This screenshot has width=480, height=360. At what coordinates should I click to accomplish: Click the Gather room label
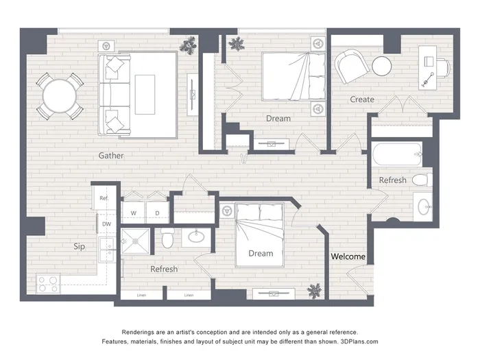tap(111, 156)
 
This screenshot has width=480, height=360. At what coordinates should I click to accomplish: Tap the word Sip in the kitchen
tap(80, 246)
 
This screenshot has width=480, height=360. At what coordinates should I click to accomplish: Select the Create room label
tap(362, 99)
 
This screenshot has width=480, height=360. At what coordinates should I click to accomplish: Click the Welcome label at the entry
tap(348, 256)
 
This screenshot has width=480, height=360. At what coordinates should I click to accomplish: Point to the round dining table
tap(60, 97)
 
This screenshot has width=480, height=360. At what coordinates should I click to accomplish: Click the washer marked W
tap(134, 213)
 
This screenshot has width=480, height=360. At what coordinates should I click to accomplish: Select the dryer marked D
tap(157, 213)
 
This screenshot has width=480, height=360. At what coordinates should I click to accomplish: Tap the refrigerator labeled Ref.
tap(104, 198)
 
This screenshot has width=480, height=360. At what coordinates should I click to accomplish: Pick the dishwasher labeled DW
tap(106, 224)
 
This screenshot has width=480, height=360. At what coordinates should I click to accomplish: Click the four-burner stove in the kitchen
tap(48, 284)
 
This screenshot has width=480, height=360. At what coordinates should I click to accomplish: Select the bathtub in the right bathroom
tap(397, 154)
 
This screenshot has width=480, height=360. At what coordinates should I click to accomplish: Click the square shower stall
tap(136, 241)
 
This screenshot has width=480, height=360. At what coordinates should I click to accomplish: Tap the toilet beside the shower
tap(167, 238)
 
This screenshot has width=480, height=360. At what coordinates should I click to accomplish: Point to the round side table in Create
tap(382, 66)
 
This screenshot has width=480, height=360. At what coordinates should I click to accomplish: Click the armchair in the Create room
tap(351, 67)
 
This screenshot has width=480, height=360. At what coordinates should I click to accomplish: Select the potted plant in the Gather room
tap(189, 46)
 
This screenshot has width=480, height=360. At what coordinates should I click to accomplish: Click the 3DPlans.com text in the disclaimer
tap(359, 341)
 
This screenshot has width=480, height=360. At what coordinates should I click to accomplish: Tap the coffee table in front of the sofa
tap(145, 95)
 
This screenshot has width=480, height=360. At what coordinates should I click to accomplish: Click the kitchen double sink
tap(107, 250)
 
